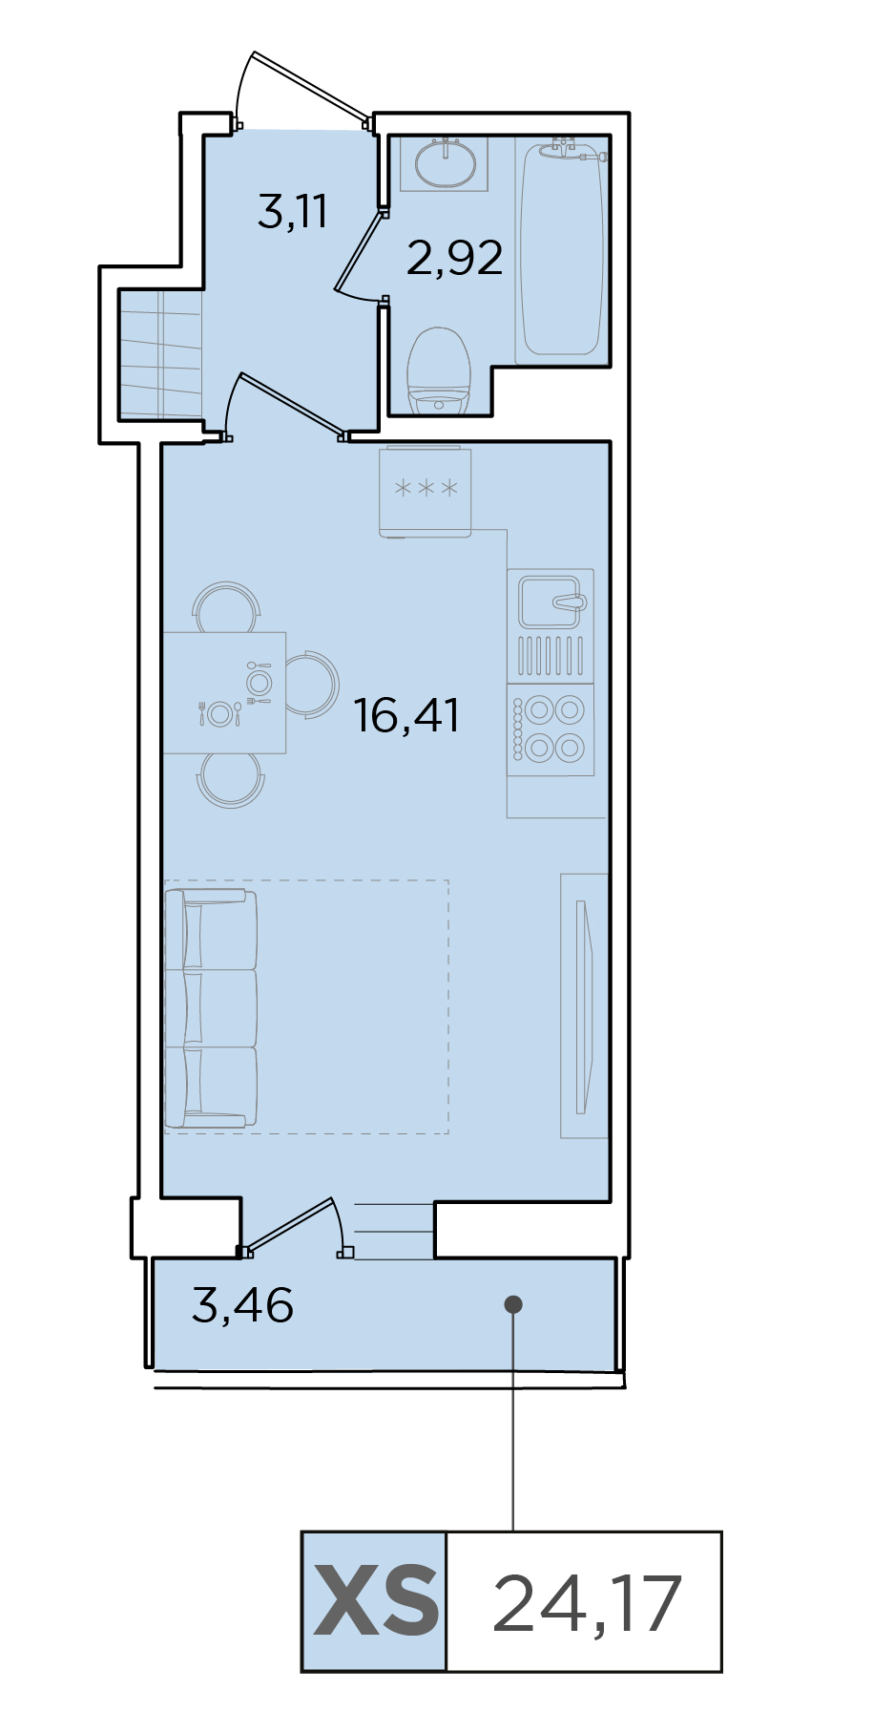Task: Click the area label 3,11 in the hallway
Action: tap(293, 211)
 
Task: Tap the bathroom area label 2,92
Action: tap(455, 258)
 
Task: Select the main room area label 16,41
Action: tap(407, 715)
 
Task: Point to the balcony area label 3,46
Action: tap(242, 1305)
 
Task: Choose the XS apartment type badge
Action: tap(375, 1602)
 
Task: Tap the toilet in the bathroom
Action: tap(439, 370)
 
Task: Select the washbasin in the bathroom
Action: tap(445, 164)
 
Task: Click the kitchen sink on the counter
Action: tap(551, 601)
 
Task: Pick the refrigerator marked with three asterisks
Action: tap(426, 492)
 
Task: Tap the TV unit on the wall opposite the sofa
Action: tap(584, 1006)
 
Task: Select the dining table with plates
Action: tap(225, 693)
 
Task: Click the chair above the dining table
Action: tap(226, 607)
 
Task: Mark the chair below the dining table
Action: tap(230, 780)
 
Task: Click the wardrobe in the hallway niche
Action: tap(160, 355)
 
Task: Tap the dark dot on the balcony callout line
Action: tap(513, 1303)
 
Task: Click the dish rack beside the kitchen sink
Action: tap(551, 655)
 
